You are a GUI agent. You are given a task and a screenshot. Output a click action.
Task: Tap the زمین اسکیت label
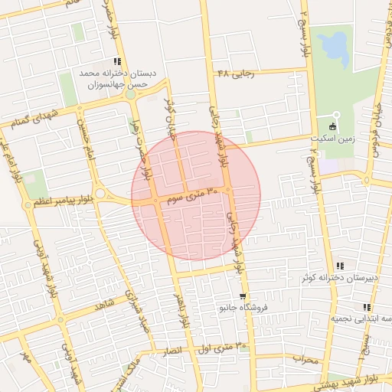335,139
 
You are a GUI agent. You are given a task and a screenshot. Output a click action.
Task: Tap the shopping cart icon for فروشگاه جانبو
243,296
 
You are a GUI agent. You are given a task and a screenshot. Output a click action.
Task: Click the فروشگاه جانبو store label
230,308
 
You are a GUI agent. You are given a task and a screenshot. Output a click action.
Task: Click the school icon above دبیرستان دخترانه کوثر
340,266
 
